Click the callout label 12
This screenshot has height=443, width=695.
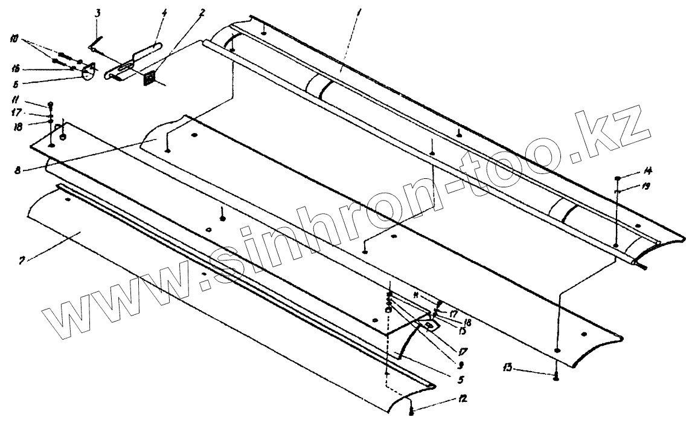(462, 399)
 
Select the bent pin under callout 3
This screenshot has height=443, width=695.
(95, 45)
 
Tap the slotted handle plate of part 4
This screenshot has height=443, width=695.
(133, 62)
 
